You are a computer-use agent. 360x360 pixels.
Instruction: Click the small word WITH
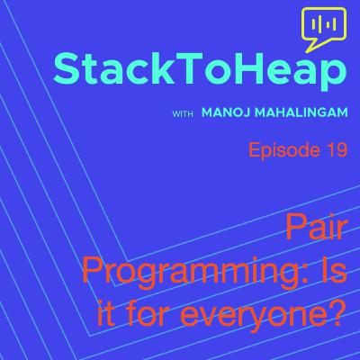point(183,114)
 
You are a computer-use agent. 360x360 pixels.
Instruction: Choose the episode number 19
point(335,151)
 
